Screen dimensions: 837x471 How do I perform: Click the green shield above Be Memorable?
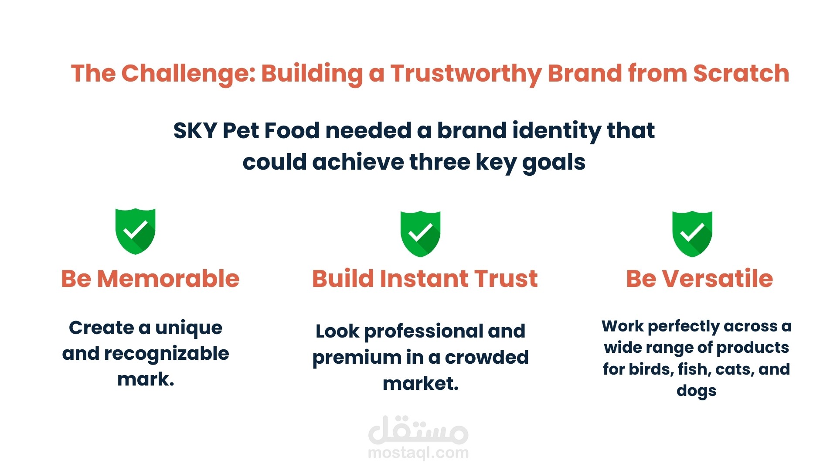(135, 231)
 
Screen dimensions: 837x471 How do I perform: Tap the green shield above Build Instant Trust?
(420, 234)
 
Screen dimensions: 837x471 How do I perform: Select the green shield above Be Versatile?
(692, 234)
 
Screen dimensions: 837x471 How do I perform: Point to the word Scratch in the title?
(741, 73)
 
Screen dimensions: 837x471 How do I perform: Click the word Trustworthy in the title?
(466, 74)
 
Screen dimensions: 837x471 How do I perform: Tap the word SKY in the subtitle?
(195, 130)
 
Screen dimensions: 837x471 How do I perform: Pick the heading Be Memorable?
(150, 279)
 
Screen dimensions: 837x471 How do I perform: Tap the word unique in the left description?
(189, 328)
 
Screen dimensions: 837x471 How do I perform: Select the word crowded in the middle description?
(487, 358)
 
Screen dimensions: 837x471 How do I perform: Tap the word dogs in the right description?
(696, 391)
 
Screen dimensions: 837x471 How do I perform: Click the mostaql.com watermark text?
(418, 453)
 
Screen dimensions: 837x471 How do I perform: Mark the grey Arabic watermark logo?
(418, 429)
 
